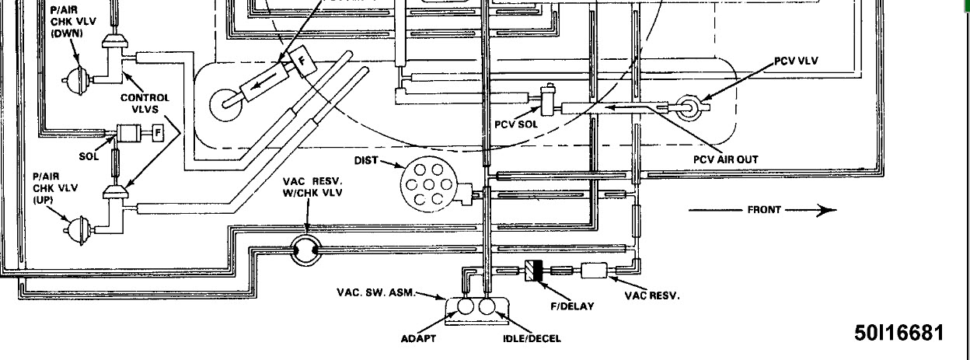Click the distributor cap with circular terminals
tap(425, 184)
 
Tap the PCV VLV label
tap(796, 61)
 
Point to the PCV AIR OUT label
tap(725, 159)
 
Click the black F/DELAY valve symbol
tap(534, 271)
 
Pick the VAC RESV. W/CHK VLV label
tap(312, 187)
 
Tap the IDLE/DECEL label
tap(532, 338)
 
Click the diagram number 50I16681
tap(898, 333)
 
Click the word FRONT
tap(764, 210)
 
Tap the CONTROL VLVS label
tap(145, 103)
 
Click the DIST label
tap(366, 162)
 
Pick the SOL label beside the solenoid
tap(89, 156)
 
